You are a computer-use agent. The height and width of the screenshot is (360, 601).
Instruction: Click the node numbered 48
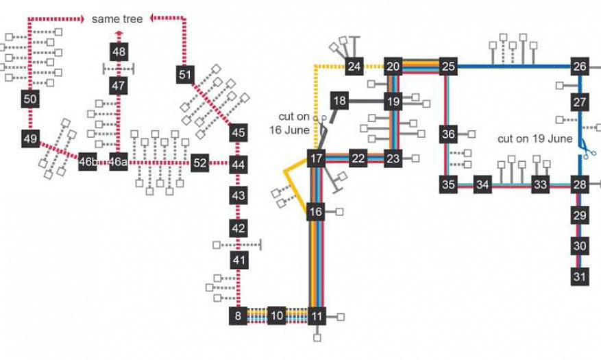tap(119, 51)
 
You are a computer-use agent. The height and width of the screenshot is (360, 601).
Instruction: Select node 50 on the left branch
tap(29, 99)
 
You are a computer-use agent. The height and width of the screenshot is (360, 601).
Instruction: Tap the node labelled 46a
tap(119, 163)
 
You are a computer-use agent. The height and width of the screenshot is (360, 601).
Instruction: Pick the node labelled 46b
tap(88, 163)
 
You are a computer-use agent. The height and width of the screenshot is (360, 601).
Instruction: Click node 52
tap(199, 163)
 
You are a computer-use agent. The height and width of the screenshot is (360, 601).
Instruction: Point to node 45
tap(238, 132)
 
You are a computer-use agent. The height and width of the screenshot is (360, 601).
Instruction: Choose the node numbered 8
tap(238, 316)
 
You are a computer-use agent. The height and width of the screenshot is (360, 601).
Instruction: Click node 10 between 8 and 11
tap(276, 316)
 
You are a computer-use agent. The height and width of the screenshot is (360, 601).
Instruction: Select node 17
tap(316, 159)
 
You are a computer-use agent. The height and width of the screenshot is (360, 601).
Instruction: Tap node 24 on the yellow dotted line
tap(354, 67)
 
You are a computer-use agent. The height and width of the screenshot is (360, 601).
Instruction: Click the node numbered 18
tap(339, 101)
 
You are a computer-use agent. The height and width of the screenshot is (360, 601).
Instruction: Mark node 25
tap(448, 67)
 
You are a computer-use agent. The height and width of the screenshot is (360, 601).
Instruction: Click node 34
tap(484, 184)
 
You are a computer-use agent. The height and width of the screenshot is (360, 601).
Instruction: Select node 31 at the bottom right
tap(580, 276)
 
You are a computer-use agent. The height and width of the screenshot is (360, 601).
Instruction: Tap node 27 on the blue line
tap(580, 103)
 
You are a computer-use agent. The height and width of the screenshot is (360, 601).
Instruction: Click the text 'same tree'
tap(117, 19)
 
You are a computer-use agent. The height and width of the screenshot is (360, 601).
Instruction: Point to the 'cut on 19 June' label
tap(535, 138)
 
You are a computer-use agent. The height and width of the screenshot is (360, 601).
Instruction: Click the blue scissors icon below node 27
tap(587, 149)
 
